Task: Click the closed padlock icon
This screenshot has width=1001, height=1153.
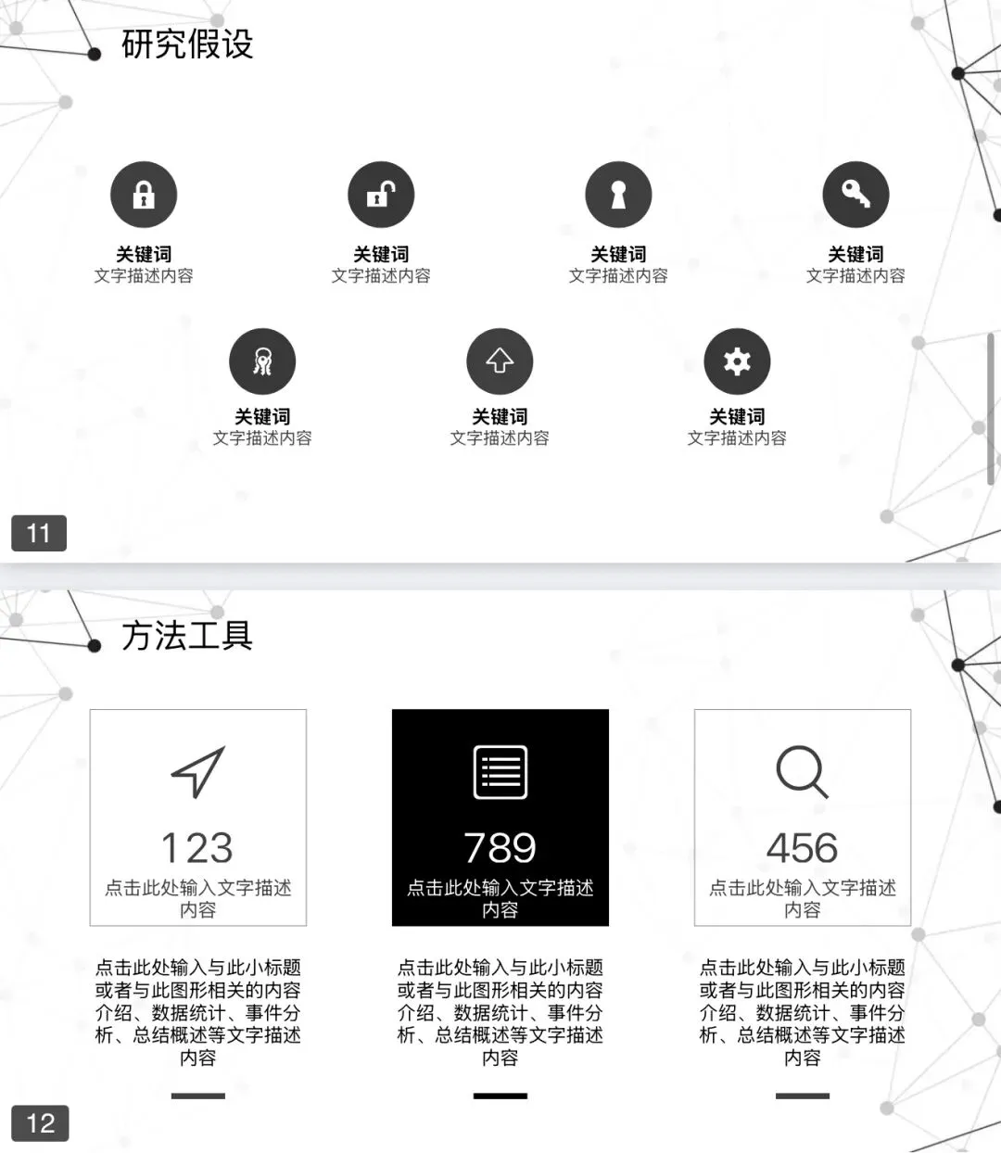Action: [x=144, y=195]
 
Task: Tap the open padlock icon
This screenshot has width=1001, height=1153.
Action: [x=381, y=195]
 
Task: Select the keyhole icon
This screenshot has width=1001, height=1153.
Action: [x=618, y=195]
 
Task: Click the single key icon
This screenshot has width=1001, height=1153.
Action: [x=855, y=195]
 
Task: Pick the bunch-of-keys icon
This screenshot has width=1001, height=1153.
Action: [x=262, y=361]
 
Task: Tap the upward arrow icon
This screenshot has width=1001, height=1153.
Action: [x=500, y=361]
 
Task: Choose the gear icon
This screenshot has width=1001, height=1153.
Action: [x=737, y=361]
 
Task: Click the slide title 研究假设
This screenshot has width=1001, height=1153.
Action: [x=187, y=44]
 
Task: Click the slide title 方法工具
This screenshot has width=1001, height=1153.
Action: [x=187, y=636]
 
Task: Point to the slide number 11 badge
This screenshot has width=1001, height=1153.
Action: [x=39, y=533]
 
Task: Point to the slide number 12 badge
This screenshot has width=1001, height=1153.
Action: [x=40, y=1123]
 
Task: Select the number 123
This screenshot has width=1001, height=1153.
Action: [x=197, y=848]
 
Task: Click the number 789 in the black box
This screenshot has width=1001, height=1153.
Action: [x=500, y=848]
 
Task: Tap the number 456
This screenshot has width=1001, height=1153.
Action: [x=803, y=848]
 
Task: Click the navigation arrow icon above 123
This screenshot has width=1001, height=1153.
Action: [x=198, y=772]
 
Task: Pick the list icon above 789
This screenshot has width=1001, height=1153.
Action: [x=500, y=772]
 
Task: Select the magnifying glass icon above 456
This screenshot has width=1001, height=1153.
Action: [x=803, y=772]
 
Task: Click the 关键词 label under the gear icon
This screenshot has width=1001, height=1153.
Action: [x=737, y=416]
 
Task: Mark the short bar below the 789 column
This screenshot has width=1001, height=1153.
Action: [x=500, y=1096]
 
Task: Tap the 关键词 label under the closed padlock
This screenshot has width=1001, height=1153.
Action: [x=144, y=254]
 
